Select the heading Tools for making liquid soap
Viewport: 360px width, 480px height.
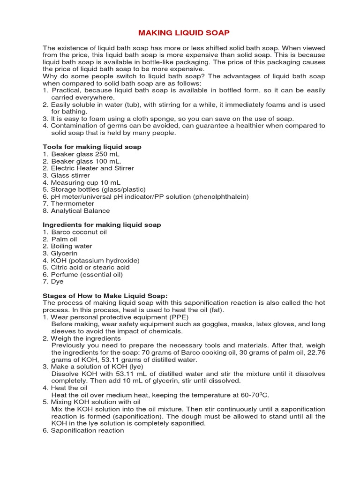tap(92, 147)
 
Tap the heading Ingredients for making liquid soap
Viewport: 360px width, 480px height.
tap(102, 225)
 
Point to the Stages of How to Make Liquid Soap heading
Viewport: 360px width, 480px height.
tap(105, 296)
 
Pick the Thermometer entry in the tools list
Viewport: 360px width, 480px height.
tap(73, 203)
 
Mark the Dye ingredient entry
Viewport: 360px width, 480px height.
tap(57, 281)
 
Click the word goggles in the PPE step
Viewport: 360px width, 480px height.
tap(221, 324)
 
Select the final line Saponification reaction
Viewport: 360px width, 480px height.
tap(87, 430)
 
